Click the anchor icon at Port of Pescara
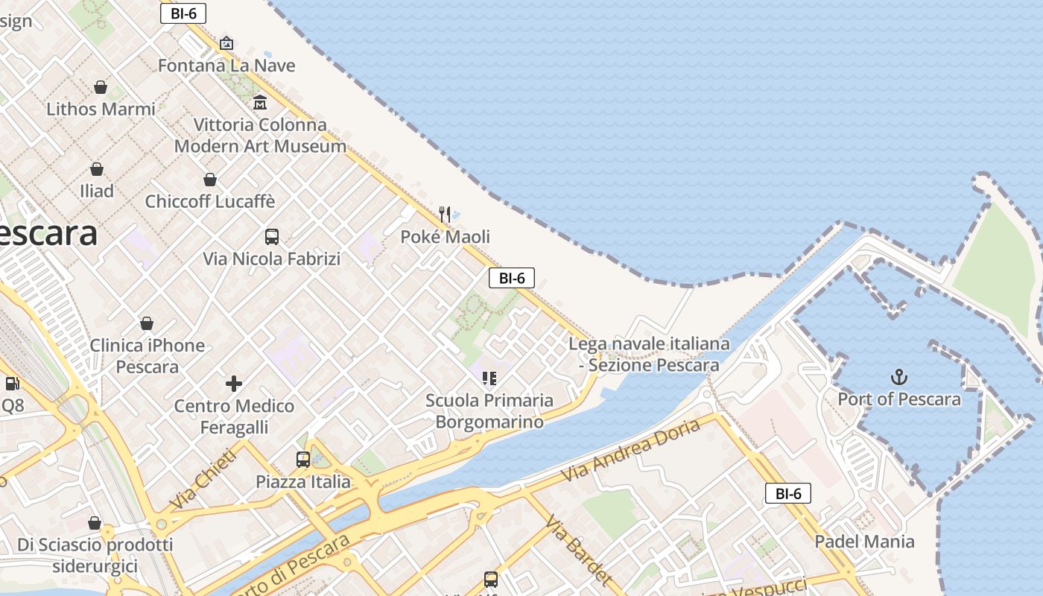[x=899, y=377]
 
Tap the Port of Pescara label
[x=899, y=399]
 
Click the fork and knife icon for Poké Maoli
[x=445, y=215]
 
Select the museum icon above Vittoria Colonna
[x=260, y=102]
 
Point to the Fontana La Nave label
[x=226, y=66]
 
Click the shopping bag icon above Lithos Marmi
[x=101, y=87]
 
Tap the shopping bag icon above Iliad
[x=97, y=169]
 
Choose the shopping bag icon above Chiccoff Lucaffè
[x=210, y=180]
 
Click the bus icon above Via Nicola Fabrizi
[x=272, y=237]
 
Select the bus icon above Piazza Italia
[x=303, y=460]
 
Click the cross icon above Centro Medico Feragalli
[x=234, y=384]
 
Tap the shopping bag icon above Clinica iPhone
[x=147, y=323]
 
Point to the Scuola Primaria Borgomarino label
[x=489, y=411]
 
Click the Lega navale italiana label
[x=649, y=355]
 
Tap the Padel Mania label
[x=864, y=542]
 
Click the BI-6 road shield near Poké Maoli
[x=512, y=279]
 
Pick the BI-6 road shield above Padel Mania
[x=787, y=493]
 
